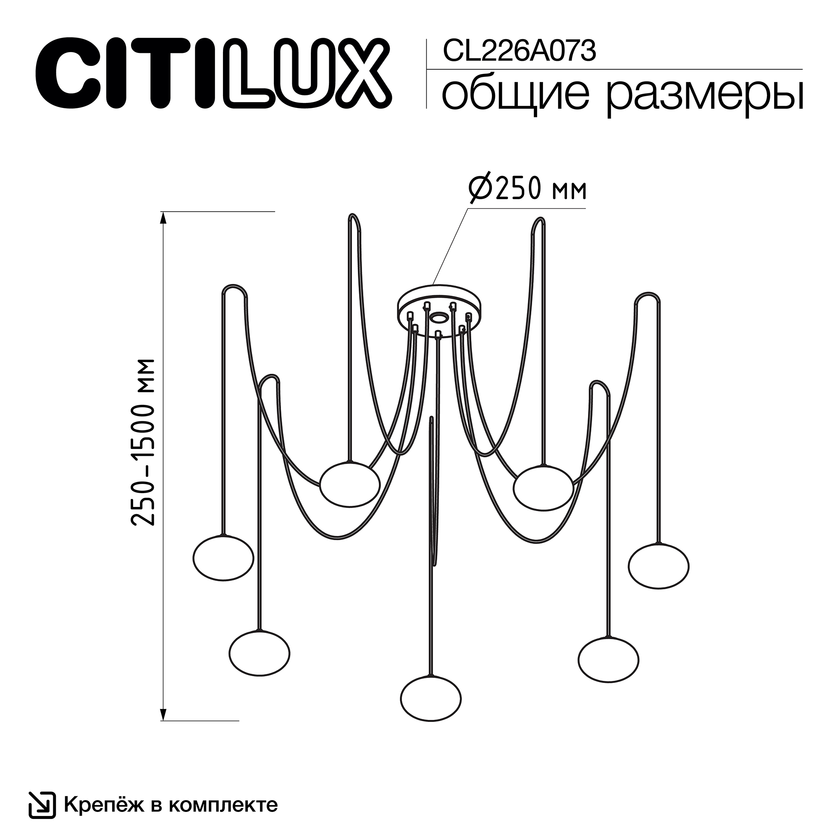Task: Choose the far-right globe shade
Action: tap(658, 566)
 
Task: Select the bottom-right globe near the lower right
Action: tap(608, 659)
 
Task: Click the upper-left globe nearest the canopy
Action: tap(349, 484)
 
